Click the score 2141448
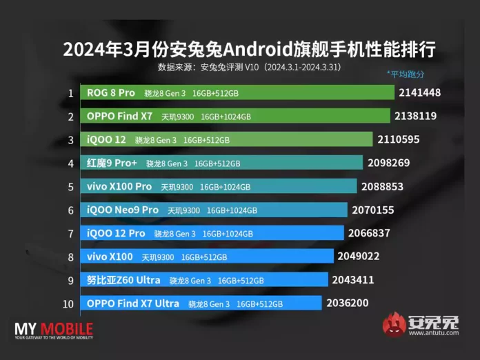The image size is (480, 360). click(419, 92)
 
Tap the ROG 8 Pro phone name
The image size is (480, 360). click(111, 92)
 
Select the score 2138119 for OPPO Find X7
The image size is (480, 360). click(417, 116)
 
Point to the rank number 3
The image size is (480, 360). click(70, 140)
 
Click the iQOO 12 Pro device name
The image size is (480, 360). click(116, 233)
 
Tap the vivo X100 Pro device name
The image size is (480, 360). click(119, 186)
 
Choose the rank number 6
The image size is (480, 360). click(70, 210)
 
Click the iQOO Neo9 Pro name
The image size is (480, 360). click(123, 210)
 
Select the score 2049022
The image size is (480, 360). click(359, 257)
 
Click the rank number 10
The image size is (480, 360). click(70, 303)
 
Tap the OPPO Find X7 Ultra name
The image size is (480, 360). click(133, 303)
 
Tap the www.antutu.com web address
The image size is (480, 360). click(433, 334)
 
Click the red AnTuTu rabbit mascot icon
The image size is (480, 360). click(394, 325)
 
